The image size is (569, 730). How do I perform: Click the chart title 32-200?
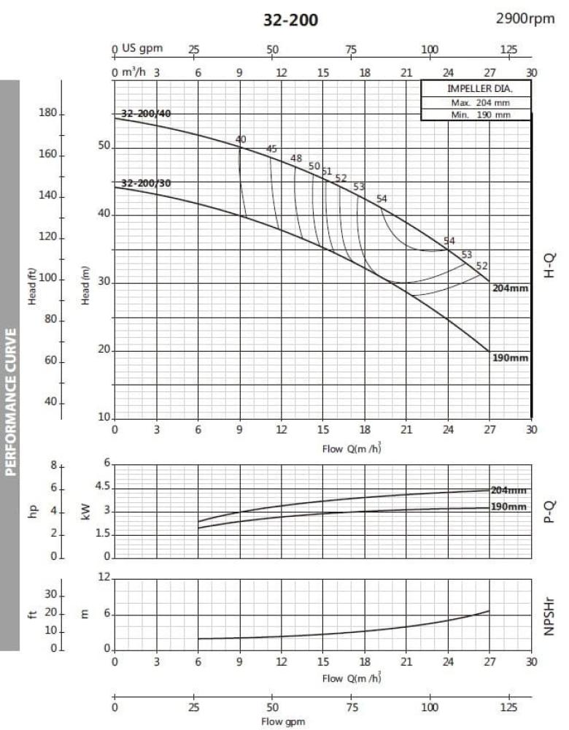pyautogui.click(x=290, y=20)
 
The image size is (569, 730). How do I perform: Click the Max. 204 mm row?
pyautogui.click(x=476, y=103)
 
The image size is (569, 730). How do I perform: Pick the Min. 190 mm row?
pyautogui.click(x=476, y=115)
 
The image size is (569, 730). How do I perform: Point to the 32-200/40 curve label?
pyautogui.click(x=146, y=113)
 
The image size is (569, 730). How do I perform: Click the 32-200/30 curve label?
pyautogui.click(x=146, y=183)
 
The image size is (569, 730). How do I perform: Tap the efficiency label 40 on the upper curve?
pyautogui.click(x=241, y=139)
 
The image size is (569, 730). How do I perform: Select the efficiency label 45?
pyautogui.click(x=271, y=149)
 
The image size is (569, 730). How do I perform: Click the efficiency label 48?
pyautogui.click(x=295, y=158)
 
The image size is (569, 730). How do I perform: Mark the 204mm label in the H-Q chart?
pyautogui.click(x=510, y=288)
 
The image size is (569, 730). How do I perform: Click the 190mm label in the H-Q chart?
pyautogui.click(x=510, y=358)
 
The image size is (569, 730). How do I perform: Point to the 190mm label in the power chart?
pyautogui.click(x=508, y=507)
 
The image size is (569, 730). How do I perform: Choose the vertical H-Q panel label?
pyautogui.click(x=551, y=265)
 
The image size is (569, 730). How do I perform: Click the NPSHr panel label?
pyautogui.click(x=551, y=614)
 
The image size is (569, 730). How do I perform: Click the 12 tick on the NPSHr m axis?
pyautogui.click(x=104, y=578)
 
